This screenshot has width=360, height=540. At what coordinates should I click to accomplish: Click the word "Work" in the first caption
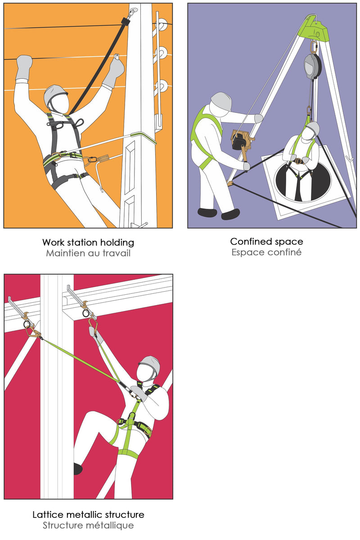pos(54,242)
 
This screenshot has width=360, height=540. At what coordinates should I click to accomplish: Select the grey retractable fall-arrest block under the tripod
pos(312,66)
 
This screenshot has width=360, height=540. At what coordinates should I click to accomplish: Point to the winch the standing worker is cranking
pos(242,141)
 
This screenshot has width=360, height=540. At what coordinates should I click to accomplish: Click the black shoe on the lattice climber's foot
pos(78,469)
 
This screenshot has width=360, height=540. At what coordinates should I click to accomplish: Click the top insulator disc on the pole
pos(162,24)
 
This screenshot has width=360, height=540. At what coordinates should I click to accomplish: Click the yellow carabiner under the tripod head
pos(314,47)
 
